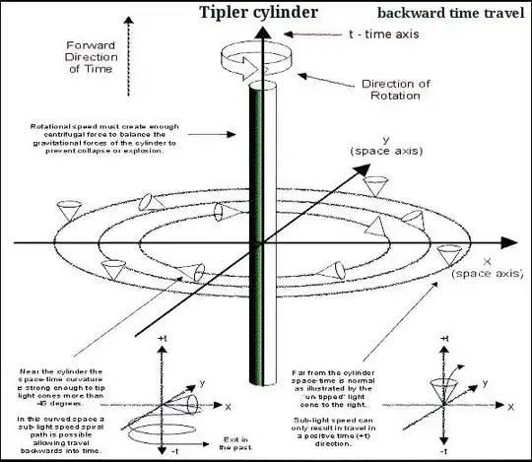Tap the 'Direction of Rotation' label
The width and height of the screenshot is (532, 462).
395,91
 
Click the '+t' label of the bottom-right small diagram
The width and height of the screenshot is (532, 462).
445,339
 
